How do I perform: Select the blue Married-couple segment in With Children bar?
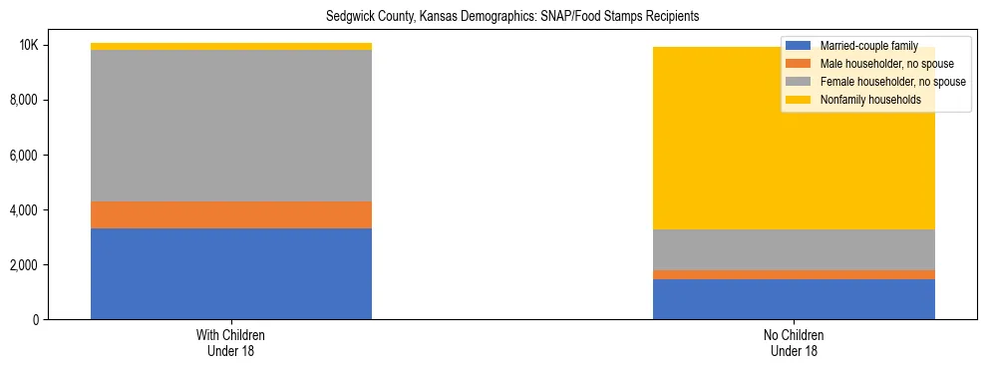231,273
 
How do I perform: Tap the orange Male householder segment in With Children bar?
231,214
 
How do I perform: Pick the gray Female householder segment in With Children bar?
231,126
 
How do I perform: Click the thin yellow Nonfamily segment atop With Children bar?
231,46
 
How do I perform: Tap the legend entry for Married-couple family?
862,46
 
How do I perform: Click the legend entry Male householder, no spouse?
882,64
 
